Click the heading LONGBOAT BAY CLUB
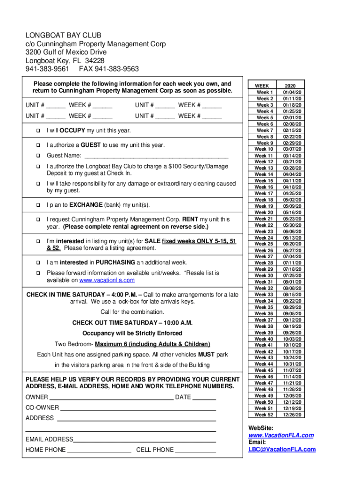(63, 36)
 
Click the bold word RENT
(190, 219)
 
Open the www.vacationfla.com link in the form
(107, 280)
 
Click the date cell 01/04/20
(292, 93)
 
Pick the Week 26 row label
(264, 250)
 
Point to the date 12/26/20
(292, 414)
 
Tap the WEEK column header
(262, 86)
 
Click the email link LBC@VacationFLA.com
(282, 450)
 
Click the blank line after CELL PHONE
(195, 450)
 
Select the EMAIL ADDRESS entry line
(144, 440)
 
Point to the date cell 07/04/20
(292, 257)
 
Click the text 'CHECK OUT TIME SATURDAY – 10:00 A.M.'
(132, 323)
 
